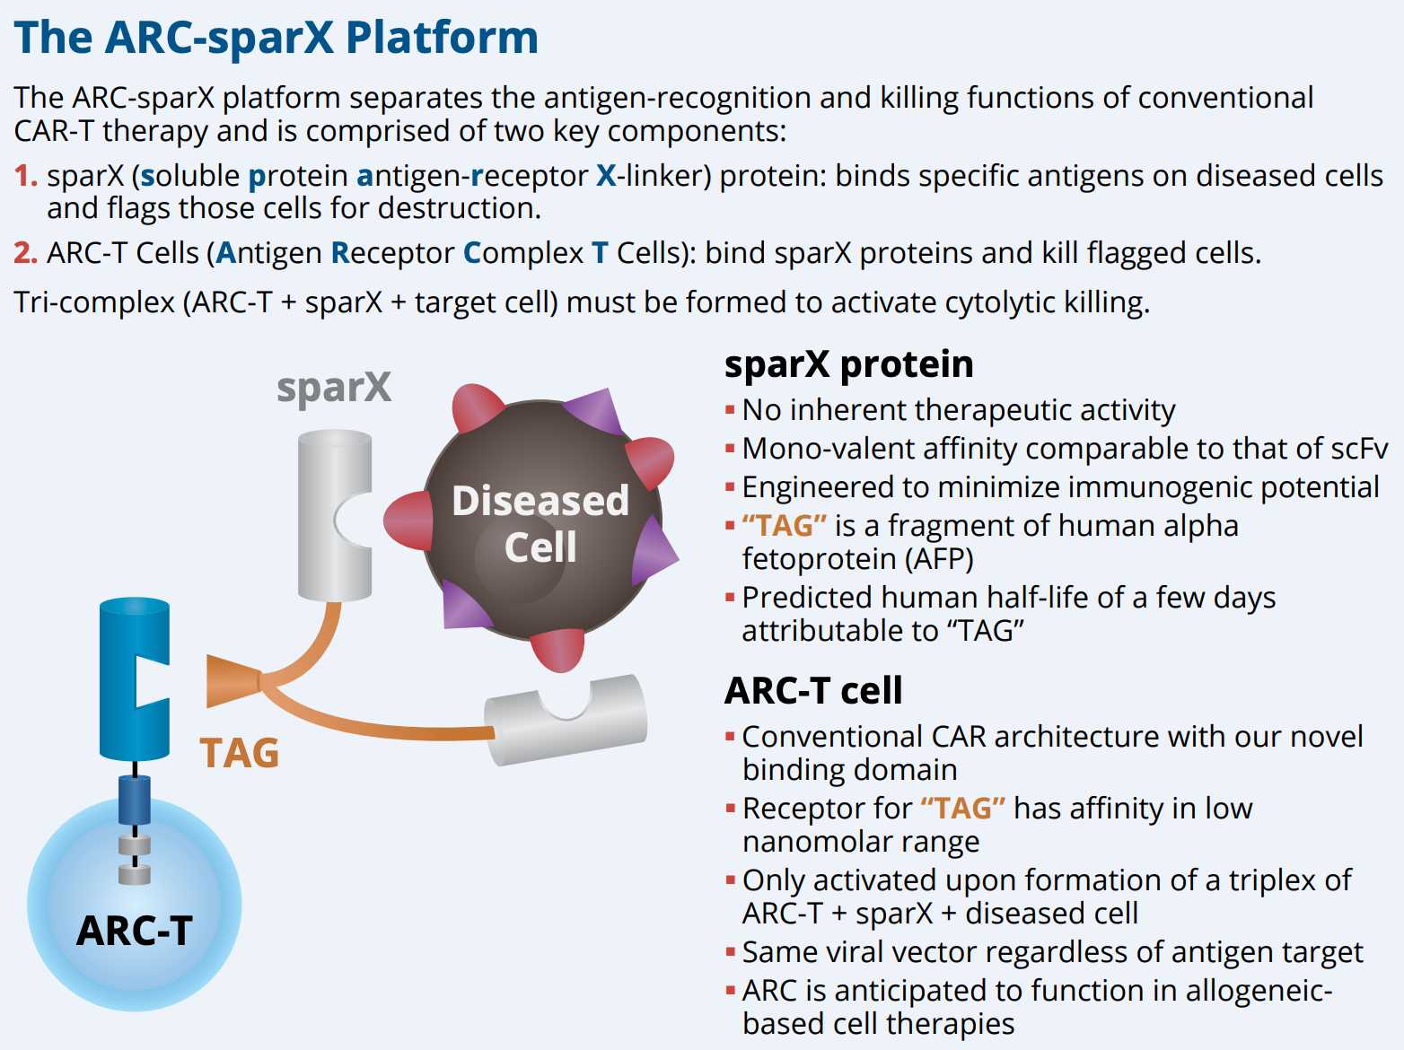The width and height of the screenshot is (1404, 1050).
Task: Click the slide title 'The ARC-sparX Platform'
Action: click(x=276, y=38)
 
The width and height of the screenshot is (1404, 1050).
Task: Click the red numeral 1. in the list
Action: click(x=25, y=176)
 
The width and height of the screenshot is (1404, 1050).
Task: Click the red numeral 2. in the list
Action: click(x=25, y=253)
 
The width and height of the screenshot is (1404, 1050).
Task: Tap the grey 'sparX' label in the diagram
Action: click(x=334, y=388)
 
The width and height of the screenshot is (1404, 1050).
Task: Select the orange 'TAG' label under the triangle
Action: click(x=239, y=753)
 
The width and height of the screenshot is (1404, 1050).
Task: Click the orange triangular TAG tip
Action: click(x=232, y=681)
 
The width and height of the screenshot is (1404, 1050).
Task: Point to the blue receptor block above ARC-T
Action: click(x=135, y=678)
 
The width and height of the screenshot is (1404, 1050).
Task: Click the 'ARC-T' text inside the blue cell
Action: click(x=135, y=931)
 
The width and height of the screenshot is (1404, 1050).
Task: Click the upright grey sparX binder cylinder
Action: click(x=334, y=515)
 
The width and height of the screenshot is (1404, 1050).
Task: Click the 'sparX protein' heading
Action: click(x=848, y=364)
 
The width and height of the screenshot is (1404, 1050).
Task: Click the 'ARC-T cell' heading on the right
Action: click(x=813, y=691)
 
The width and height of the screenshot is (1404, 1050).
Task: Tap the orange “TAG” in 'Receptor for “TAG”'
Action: click(x=962, y=809)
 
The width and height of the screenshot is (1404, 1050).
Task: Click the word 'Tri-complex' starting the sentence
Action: click(x=94, y=302)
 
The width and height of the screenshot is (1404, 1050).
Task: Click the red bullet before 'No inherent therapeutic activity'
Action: click(x=730, y=411)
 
